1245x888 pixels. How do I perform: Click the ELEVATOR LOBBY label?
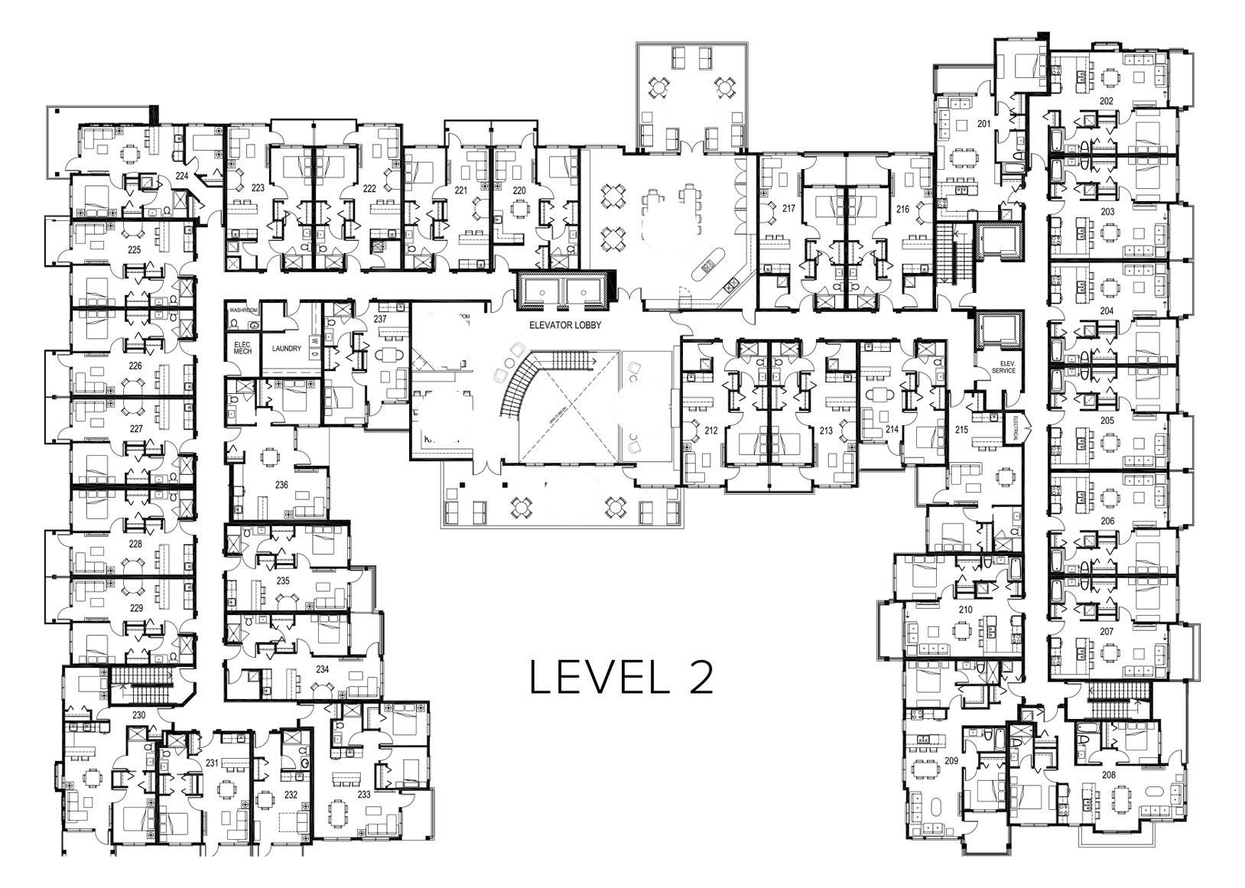[x=565, y=325]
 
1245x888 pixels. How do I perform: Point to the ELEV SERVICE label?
[x=1003, y=367]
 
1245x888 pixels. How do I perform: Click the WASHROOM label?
[x=244, y=311]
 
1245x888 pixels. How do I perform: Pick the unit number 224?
[x=182, y=175]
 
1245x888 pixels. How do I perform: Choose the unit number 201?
[x=983, y=124]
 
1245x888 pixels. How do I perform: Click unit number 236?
[x=281, y=485]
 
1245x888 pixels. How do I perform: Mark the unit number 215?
[x=961, y=431]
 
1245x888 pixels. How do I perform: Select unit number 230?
[x=138, y=715]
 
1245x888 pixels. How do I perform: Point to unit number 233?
[x=364, y=795]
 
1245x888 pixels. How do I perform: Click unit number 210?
[x=965, y=610]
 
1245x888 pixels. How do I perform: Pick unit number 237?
[x=380, y=318]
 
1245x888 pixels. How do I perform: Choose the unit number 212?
[x=711, y=431]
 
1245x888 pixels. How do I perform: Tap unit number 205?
[x=1107, y=421]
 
